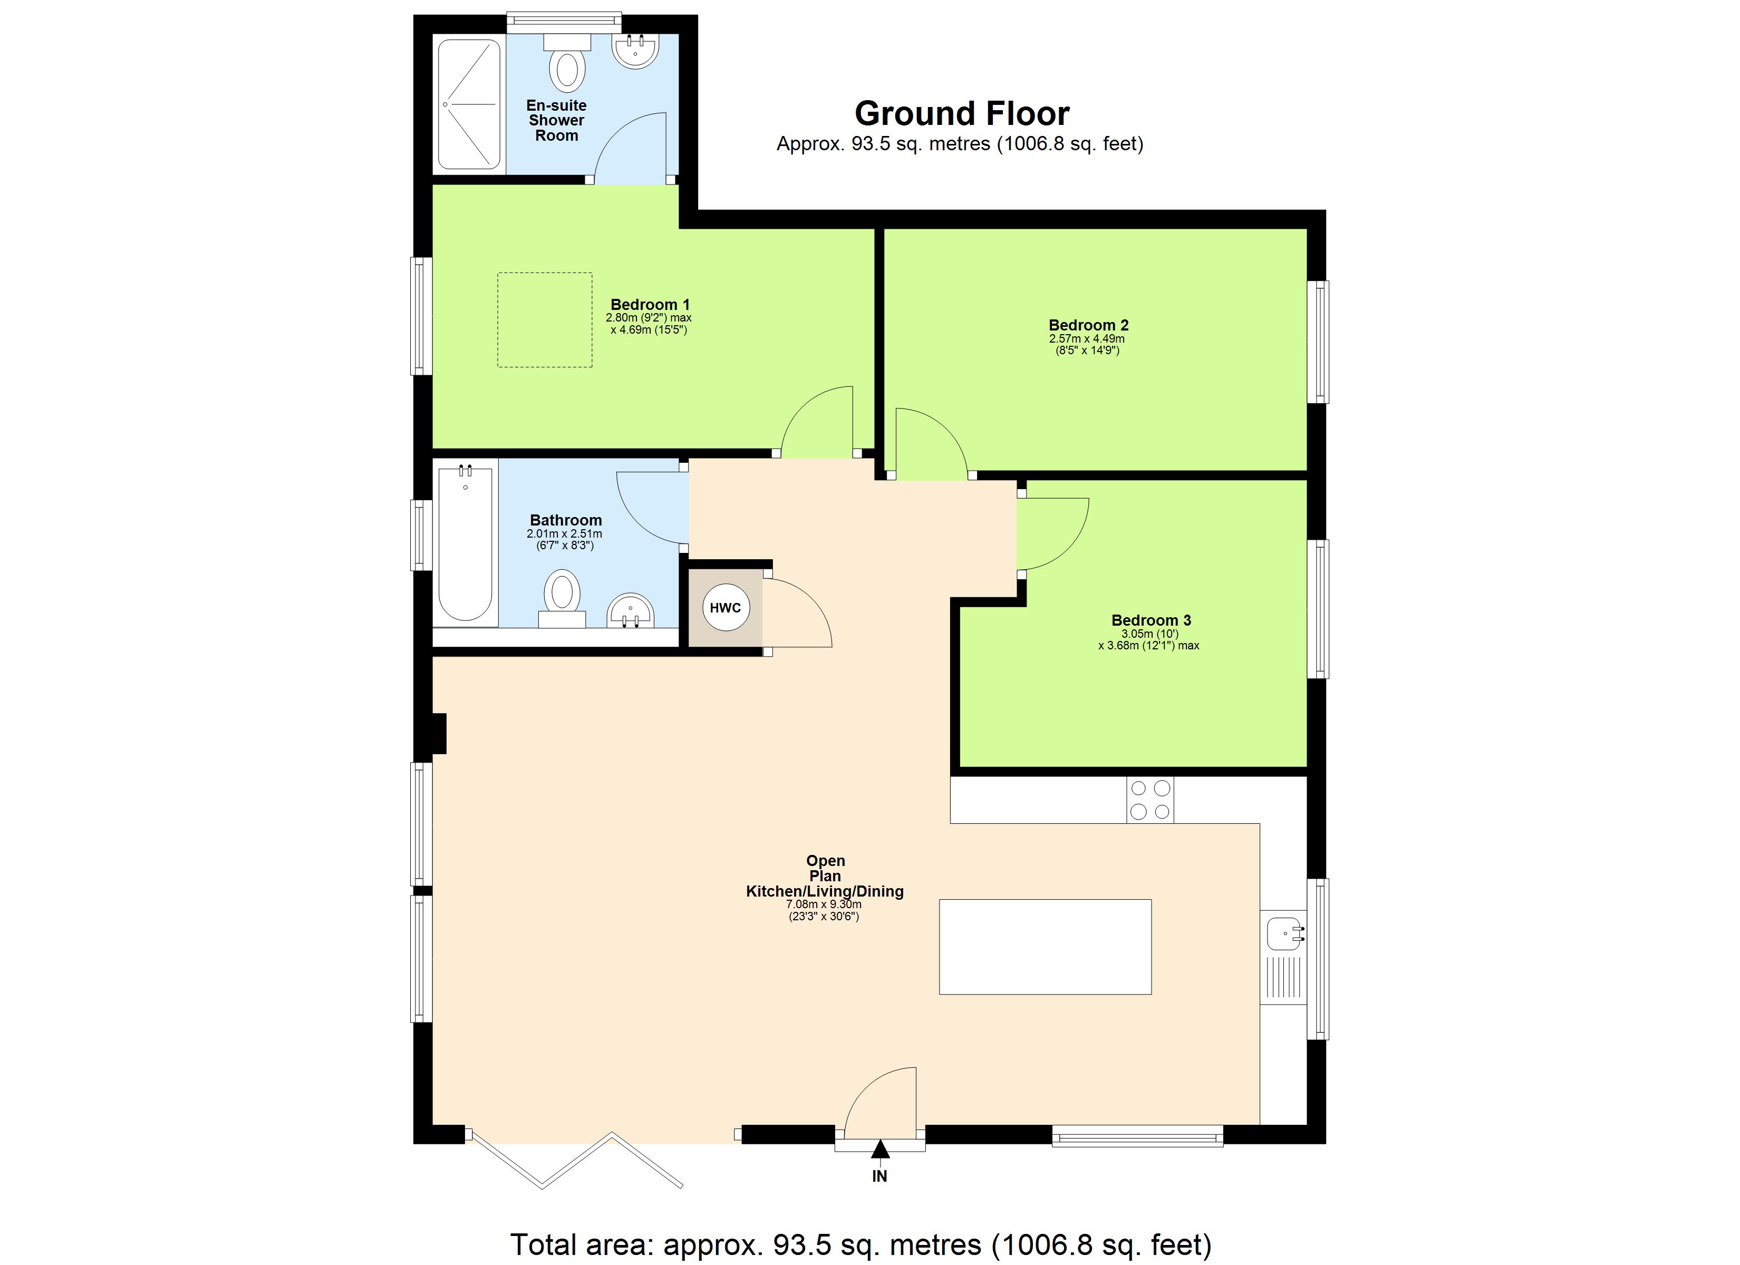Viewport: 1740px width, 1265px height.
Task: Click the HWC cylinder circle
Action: coord(725,608)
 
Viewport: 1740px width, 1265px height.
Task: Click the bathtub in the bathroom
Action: coord(465,544)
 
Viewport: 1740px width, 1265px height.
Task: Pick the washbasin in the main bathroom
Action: coord(630,611)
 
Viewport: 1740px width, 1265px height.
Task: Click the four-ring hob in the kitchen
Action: coord(1150,800)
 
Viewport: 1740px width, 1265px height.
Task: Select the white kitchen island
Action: coord(1045,947)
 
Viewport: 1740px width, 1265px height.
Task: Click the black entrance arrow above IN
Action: coord(880,1149)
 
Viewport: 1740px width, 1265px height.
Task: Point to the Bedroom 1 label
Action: coord(649,305)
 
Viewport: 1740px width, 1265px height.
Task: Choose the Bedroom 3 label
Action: coord(1151,620)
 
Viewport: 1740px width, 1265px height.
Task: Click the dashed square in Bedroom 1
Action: coord(545,320)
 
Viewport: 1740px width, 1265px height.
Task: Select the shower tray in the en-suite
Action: coord(469,104)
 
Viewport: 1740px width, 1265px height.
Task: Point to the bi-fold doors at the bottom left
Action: coord(575,1159)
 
